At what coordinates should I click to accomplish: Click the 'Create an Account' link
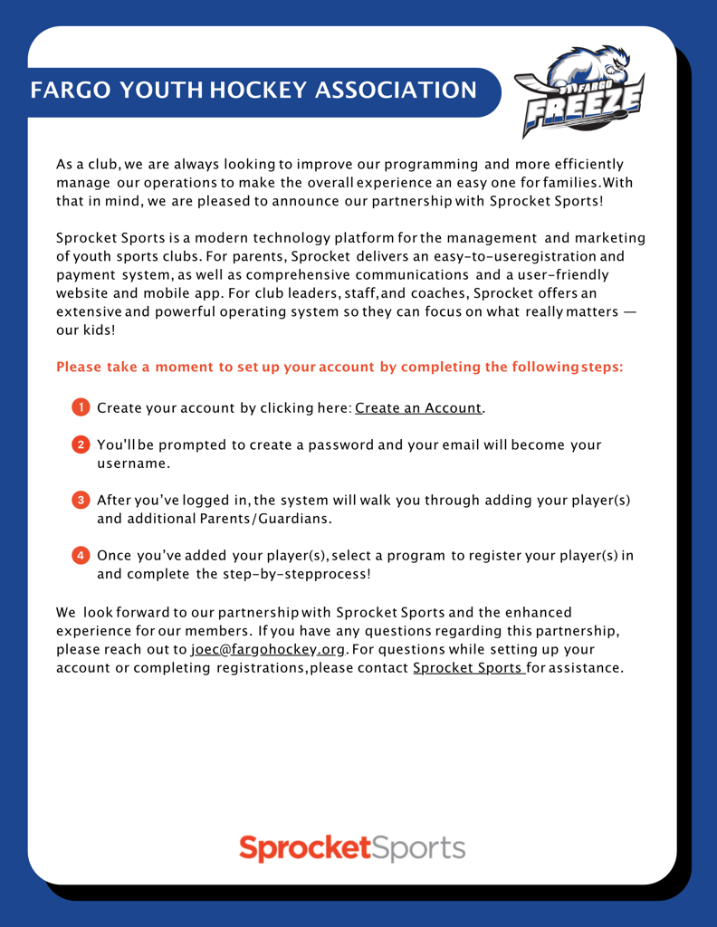418,408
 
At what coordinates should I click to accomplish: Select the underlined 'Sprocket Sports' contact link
468,668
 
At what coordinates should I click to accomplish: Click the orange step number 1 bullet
81,407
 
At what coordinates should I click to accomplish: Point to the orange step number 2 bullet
81,444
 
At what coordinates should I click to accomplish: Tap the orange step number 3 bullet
81,500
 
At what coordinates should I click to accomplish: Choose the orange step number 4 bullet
81,555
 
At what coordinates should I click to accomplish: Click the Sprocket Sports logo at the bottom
352,848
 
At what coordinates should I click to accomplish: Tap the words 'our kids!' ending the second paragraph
86,330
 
